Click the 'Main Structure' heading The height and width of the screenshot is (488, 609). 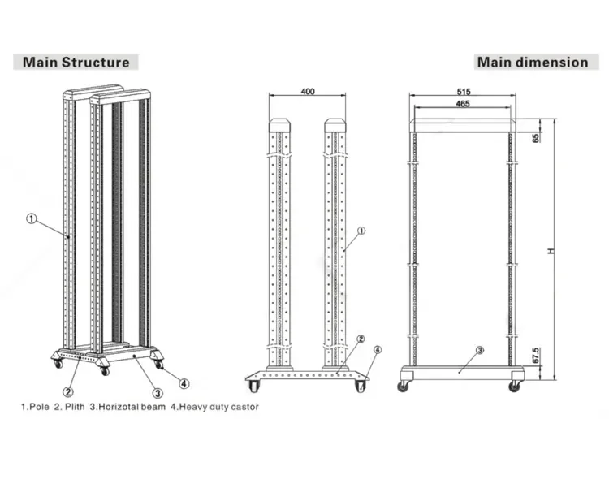click(x=76, y=62)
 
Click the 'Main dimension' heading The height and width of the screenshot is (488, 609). click(x=533, y=62)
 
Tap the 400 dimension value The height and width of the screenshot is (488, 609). click(x=308, y=91)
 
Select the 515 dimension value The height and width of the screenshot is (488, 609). click(x=464, y=93)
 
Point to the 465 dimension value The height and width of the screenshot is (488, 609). click(x=463, y=104)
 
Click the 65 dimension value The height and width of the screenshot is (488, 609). click(x=536, y=137)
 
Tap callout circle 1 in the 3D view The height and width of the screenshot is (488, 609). click(x=31, y=218)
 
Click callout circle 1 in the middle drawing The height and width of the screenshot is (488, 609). click(x=361, y=231)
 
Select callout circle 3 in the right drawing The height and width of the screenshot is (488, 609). click(x=480, y=350)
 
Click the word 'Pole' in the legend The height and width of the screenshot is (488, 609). click(x=38, y=406)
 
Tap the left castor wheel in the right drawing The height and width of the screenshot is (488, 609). click(x=403, y=387)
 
